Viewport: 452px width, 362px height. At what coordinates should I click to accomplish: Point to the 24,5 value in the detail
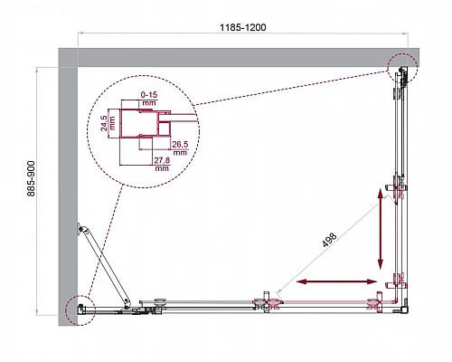tap(107, 122)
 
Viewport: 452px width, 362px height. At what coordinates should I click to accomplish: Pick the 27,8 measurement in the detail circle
tap(163, 160)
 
